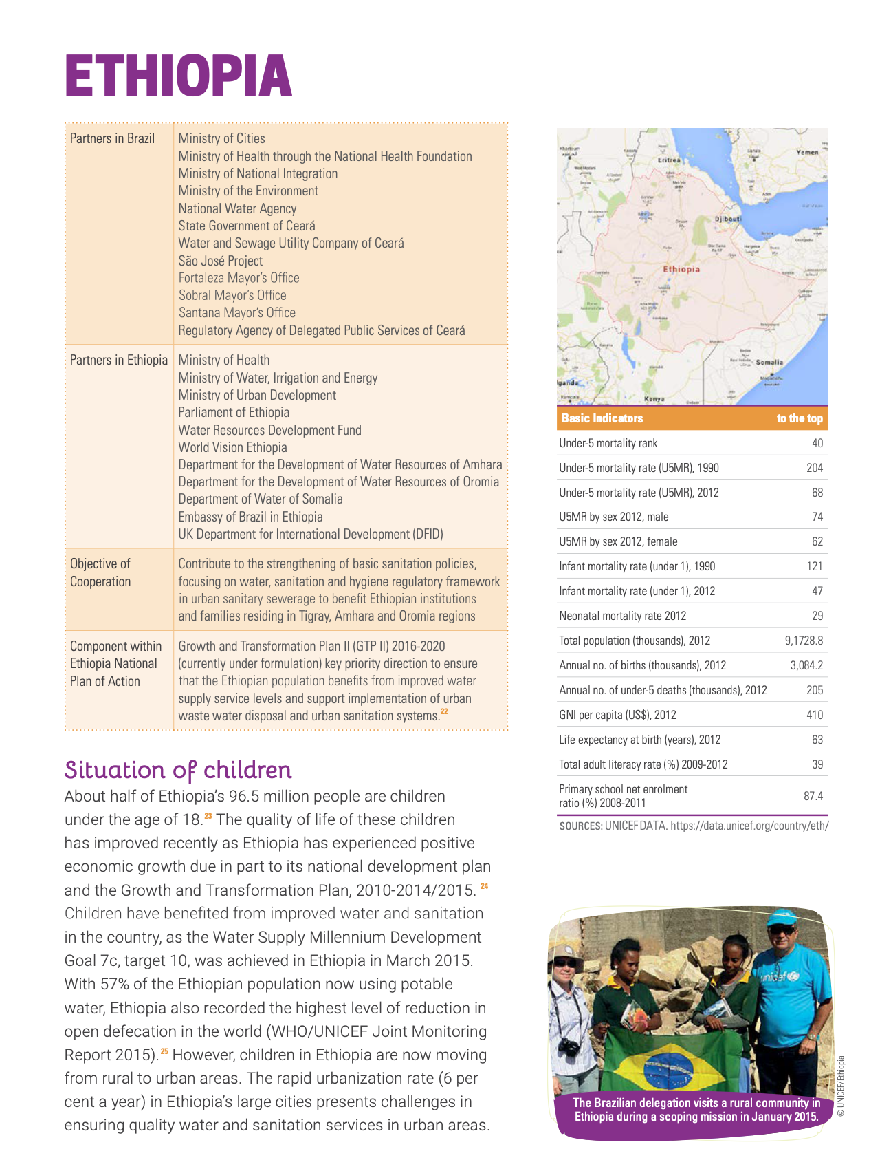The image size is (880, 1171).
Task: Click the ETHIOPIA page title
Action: [x=178, y=76]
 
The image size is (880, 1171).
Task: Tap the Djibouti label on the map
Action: [x=728, y=219]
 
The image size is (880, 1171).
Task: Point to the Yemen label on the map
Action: [x=807, y=152]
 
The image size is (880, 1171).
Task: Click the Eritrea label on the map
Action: [x=669, y=160]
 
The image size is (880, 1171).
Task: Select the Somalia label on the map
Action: [x=769, y=362]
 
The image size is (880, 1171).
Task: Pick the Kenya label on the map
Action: [x=654, y=399]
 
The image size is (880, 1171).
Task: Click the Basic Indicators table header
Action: [x=602, y=418]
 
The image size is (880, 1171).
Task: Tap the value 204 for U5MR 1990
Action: [x=814, y=468]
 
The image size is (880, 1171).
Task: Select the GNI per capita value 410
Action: [x=814, y=715]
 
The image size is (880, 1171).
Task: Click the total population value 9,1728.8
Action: [x=804, y=641]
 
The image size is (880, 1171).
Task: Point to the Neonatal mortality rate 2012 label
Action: [x=622, y=616]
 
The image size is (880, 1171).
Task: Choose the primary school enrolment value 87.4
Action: [x=813, y=796]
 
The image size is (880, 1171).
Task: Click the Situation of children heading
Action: [x=178, y=770]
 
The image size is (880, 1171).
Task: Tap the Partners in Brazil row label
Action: [x=112, y=138]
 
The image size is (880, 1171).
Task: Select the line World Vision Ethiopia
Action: [x=232, y=447]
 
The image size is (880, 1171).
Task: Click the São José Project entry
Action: [x=220, y=261]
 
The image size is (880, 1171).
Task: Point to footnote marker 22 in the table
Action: [x=444, y=711]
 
